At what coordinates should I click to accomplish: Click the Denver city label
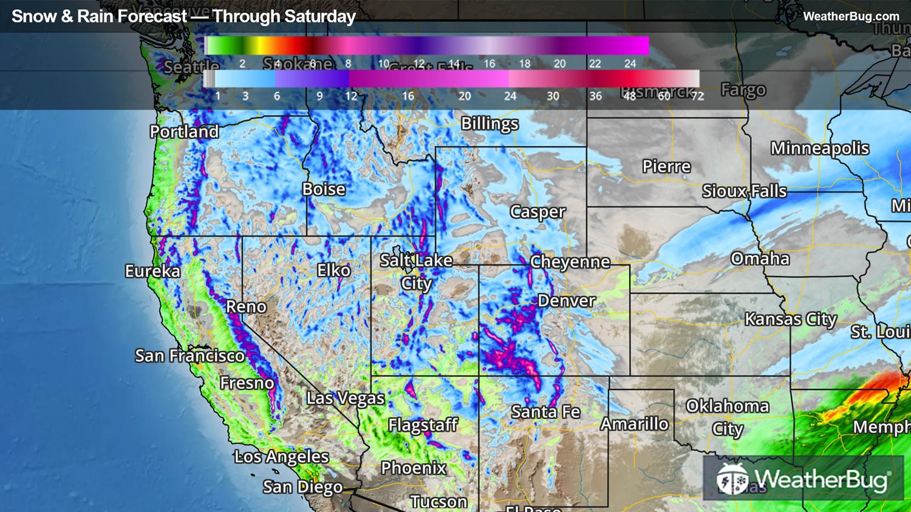(567, 301)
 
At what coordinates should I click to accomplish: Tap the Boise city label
(324, 189)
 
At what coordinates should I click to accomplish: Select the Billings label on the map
(490, 124)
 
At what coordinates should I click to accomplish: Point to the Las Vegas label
(345, 399)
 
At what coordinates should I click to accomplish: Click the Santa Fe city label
(545, 412)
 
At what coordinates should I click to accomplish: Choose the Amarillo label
(635, 424)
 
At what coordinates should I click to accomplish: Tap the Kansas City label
(791, 319)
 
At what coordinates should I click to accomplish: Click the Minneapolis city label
(820, 149)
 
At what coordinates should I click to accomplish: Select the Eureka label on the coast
(152, 271)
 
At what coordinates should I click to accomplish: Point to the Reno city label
(246, 307)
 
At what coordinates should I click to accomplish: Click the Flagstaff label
(423, 425)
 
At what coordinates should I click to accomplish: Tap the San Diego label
(302, 487)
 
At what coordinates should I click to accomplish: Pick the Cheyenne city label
(570, 262)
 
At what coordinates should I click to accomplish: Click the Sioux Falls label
(744, 192)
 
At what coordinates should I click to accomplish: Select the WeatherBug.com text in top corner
(851, 16)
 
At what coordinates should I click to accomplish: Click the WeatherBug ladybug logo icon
(732, 479)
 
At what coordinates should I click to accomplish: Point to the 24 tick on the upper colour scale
(630, 64)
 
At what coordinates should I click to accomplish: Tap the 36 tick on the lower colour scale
(595, 96)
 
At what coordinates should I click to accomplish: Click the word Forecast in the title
(152, 16)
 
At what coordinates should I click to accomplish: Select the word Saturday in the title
(322, 16)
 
